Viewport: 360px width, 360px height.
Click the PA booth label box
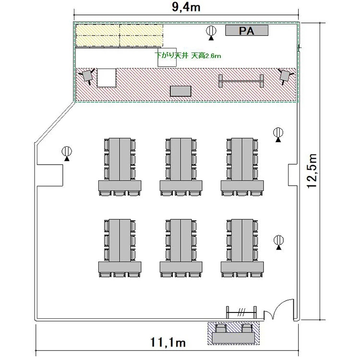pyautogui.click(x=247, y=31)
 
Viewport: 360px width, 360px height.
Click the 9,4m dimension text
pyautogui.click(x=186, y=7)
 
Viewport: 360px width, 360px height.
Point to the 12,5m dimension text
pyautogui.click(x=312, y=171)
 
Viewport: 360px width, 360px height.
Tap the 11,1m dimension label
pyautogui.click(x=168, y=342)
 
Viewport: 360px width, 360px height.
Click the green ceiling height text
pyautogui.click(x=188, y=56)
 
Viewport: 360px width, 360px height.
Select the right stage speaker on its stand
pyautogui.click(x=286, y=76)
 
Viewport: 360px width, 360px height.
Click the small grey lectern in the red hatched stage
pyautogui.click(x=180, y=91)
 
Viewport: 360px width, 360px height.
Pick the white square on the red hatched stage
pyautogui.click(x=106, y=78)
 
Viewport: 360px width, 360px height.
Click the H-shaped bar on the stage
pyautogui.click(x=241, y=81)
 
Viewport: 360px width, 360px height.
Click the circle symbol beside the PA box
pyautogui.click(x=211, y=31)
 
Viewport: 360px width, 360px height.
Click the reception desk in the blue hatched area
pyautogui.click(x=233, y=338)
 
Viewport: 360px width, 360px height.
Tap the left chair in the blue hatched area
pyautogui.click(x=221, y=328)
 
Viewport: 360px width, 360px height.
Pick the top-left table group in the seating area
pyautogui.click(x=120, y=167)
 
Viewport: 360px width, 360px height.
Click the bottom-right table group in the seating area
pyautogui.click(x=242, y=248)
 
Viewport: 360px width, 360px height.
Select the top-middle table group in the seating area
pyautogui.click(x=181, y=167)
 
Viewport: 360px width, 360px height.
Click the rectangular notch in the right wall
pyautogui.click(x=293, y=175)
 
